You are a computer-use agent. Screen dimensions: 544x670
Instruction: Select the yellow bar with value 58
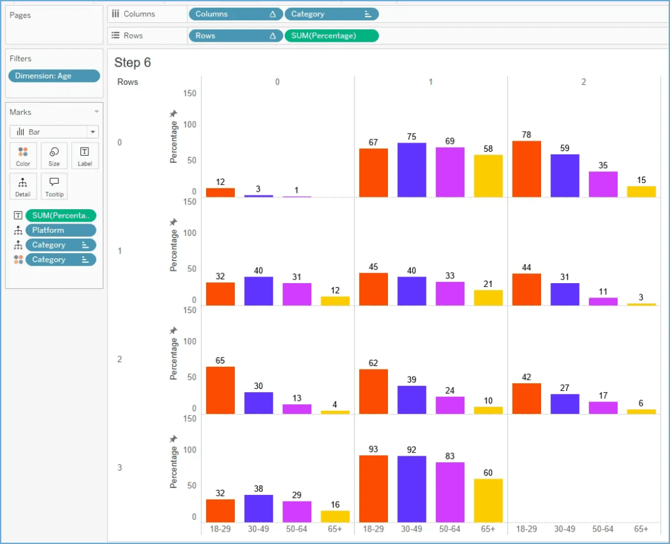(488, 176)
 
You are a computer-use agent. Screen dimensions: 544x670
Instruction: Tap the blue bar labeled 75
(412, 170)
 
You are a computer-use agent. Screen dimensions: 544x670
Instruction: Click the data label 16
(335, 504)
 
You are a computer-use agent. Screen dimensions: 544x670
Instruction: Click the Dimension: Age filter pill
(54, 76)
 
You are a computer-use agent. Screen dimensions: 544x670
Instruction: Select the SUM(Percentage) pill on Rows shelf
(331, 36)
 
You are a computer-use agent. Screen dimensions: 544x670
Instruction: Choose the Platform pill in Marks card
(61, 230)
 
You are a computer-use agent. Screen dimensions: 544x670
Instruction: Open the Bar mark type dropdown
(54, 131)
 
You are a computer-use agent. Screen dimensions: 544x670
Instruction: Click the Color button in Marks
(23, 156)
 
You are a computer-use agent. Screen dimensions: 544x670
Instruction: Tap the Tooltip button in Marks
(54, 186)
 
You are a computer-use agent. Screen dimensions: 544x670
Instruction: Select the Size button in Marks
(54, 156)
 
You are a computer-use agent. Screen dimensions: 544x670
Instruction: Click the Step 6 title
(133, 62)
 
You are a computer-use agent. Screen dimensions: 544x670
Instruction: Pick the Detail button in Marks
(23, 186)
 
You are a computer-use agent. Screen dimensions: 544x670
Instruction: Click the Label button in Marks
(85, 156)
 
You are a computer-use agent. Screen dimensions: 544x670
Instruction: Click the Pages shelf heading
(20, 15)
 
